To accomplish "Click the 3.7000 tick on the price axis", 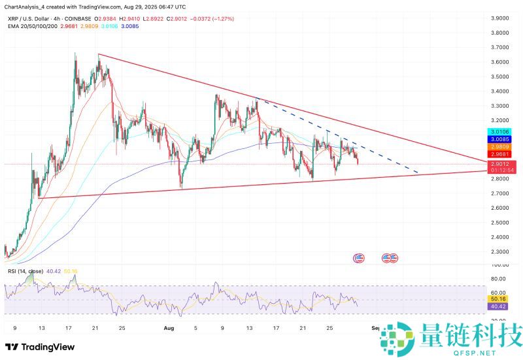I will [x=501, y=48].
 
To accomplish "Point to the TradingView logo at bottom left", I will [x=40, y=347].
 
